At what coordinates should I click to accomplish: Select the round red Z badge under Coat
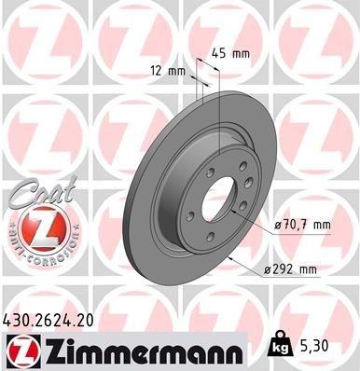click(35, 227)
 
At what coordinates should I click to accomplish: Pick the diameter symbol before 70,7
click(277, 225)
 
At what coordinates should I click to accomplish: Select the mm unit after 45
click(242, 53)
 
